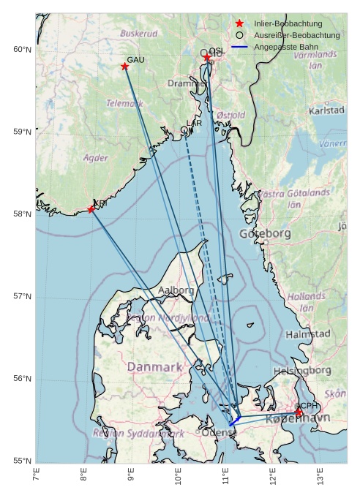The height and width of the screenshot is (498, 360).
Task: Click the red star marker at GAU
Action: coord(125,67)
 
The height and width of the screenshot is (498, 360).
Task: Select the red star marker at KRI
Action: coord(91,210)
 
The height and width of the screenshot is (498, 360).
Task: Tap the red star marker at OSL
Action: coord(207,58)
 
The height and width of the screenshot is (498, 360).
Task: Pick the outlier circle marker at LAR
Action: coord(184,130)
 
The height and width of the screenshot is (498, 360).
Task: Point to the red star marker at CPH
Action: coord(299,413)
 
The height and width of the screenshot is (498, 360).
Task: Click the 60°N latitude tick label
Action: coord(22,50)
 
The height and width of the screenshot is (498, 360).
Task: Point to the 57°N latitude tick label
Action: coord(22,296)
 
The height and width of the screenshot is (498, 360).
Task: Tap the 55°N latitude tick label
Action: coord(22,461)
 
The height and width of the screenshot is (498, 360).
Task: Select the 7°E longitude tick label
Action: coord(36,475)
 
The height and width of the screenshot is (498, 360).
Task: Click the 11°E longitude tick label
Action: coord(225,475)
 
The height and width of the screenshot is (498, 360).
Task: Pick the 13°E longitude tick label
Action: coord(320,475)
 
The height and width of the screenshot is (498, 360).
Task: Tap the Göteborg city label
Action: coord(265,234)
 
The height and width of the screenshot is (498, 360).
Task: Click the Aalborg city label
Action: coord(176,290)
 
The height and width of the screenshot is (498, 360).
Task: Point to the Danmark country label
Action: coord(154,366)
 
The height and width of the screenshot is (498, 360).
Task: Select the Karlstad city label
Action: coord(326,110)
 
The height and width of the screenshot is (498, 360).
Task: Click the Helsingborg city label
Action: coord(301,371)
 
